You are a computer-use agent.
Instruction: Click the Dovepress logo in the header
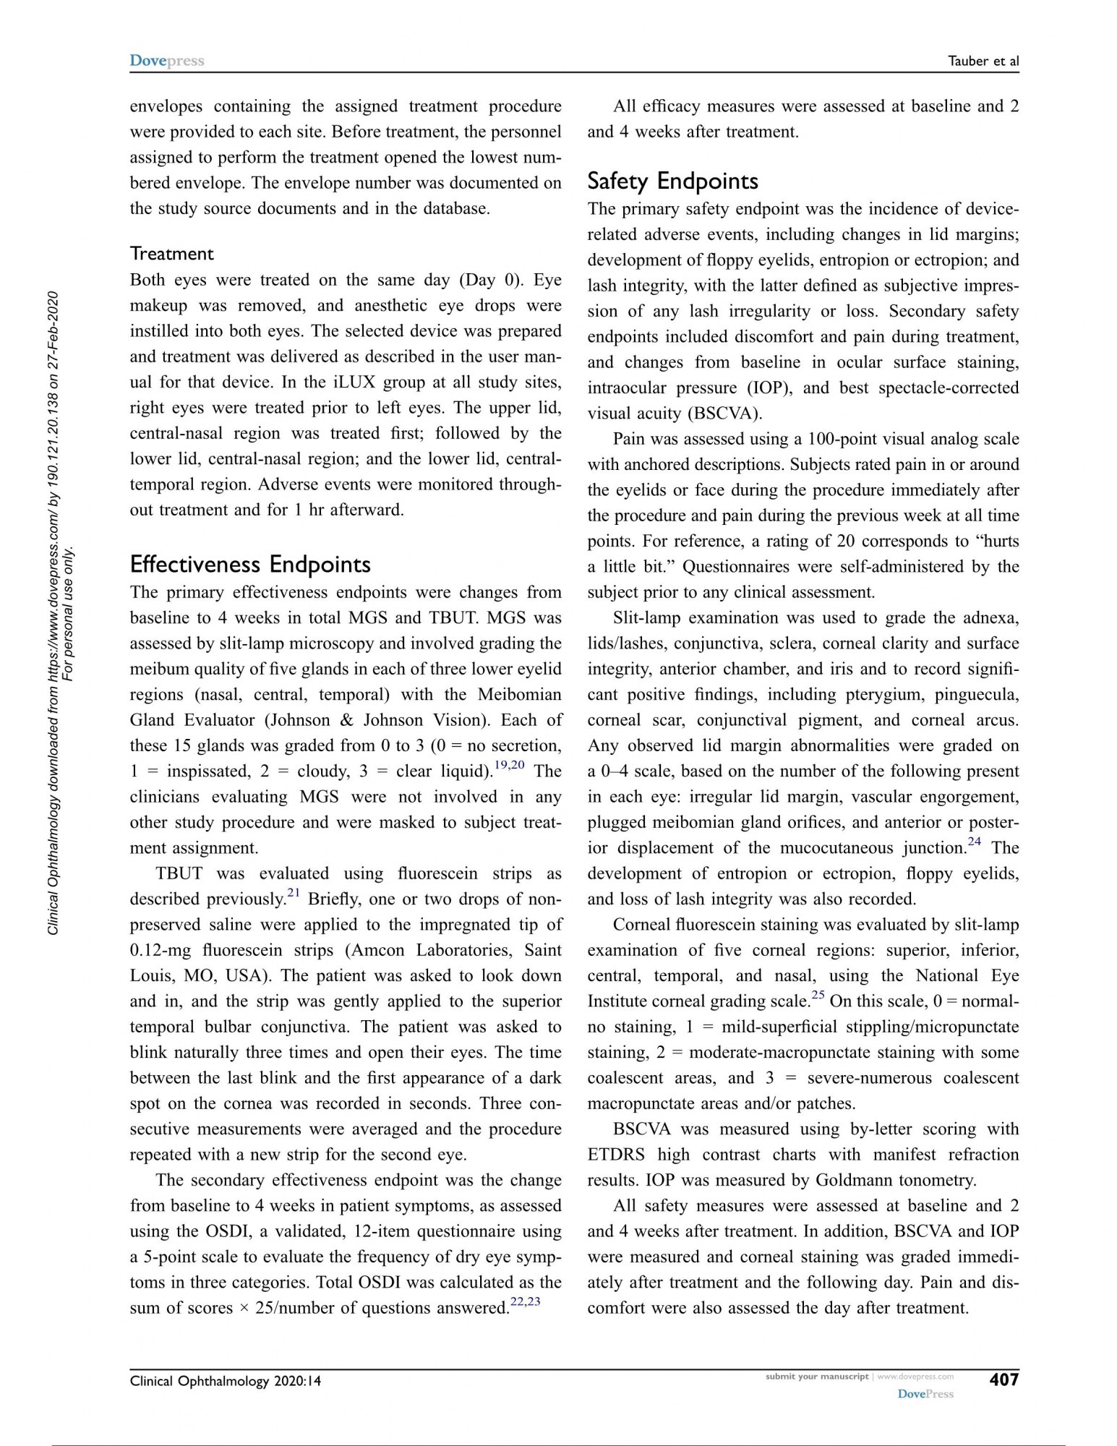click(167, 61)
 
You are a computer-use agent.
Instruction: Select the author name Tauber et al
click(983, 61)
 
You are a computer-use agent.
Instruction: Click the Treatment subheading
click(172, 254)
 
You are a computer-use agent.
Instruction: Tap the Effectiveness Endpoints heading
click(250, 564)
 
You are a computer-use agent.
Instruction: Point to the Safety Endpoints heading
click(672, 181)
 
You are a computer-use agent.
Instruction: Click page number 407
click(1003, 1379)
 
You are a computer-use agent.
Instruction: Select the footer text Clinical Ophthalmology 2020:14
click(226, 1381)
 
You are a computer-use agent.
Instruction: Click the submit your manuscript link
click(816, 1377)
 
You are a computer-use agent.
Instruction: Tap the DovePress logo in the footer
click(925, 1394)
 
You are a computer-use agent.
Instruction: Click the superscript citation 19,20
click(509, 766)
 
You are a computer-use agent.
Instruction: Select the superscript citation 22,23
click(525, 1302)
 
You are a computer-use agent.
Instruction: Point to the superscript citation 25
click(818, 996)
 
